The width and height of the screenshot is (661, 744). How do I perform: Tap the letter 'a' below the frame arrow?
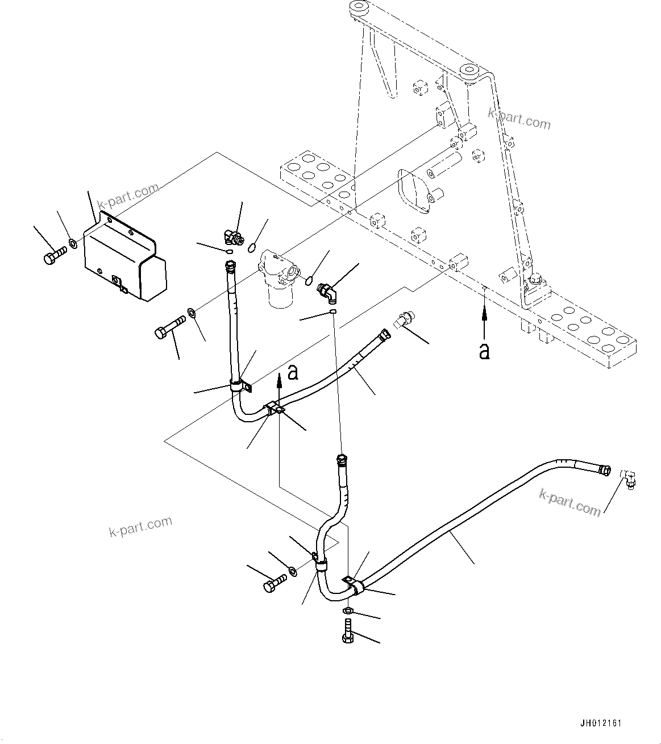(484, 351)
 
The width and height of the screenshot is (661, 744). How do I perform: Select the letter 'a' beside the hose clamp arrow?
(293, 372)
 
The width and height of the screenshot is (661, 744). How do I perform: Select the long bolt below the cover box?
(168, 327)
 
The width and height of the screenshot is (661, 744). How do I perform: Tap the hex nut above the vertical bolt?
(348, 610)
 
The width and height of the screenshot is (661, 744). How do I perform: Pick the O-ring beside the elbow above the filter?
(252, 246)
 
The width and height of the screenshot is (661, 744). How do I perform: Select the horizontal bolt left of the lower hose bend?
(275, 583)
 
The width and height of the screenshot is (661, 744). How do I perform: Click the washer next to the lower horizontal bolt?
(292, 570)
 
